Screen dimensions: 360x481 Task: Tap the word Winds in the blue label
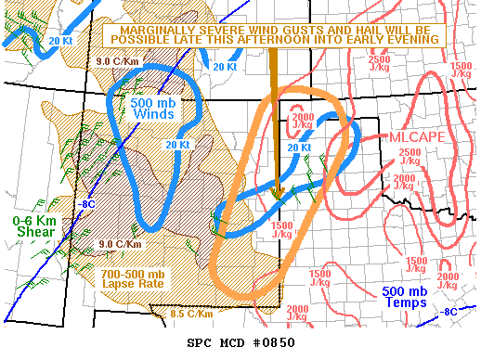[151, 115]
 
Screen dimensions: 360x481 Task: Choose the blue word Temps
[404, 302]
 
